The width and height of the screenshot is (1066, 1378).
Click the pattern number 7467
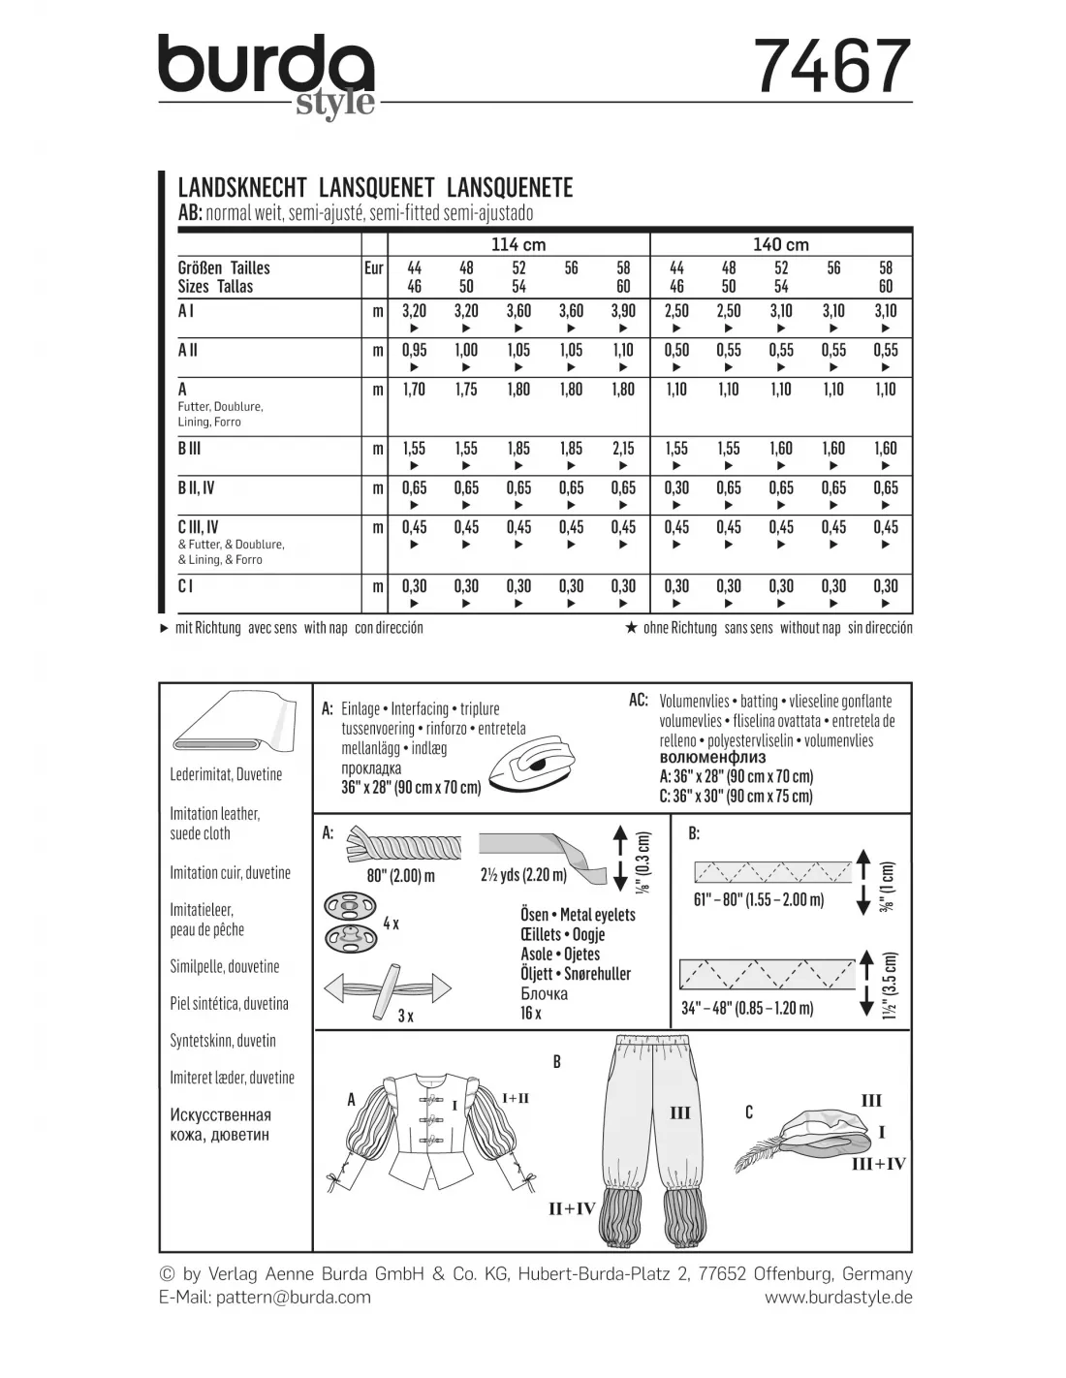click(832, 66)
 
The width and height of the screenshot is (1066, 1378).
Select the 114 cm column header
click(518, 244)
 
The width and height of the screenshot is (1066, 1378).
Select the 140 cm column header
click(781, 244)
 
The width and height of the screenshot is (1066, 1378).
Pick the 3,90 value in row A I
click(623, 311)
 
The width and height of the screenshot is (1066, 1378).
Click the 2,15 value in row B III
click(623, 449)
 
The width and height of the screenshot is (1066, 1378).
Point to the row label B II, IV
click(196, 488)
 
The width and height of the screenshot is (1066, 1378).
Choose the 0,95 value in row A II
click(414, 351)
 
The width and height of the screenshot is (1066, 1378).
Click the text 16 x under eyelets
click(531, 1013)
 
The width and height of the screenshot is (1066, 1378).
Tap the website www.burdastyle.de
click(838, 1297)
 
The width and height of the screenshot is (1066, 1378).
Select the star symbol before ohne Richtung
click(631, 628)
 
